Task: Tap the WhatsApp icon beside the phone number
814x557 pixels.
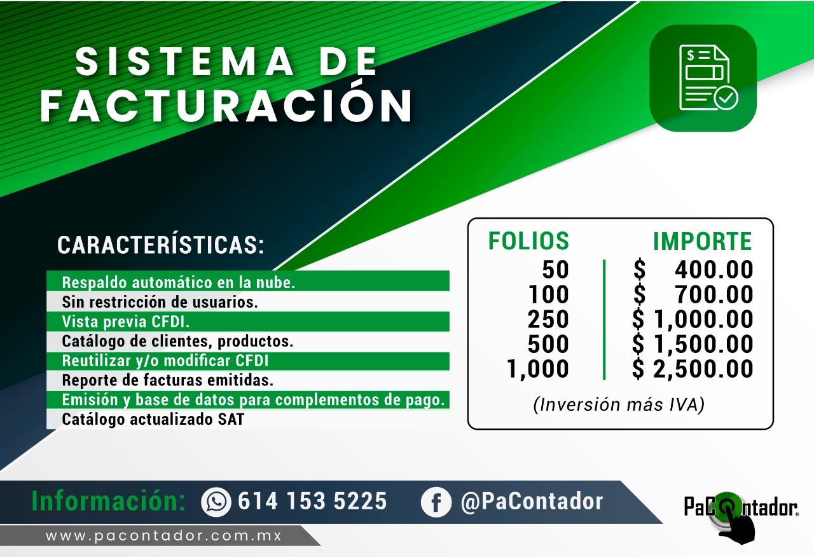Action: tap(216, 502)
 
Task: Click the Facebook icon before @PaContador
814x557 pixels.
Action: tap(436, 502)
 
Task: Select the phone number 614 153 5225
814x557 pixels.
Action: tap(312, 502)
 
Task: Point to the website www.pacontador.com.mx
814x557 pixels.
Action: tap(164, 536)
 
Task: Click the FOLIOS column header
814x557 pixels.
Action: tap(528, 240)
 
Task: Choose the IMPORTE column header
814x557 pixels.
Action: tap(702, 241)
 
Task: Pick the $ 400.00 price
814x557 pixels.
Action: tap(693, 270)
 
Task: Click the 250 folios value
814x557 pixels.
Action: tap(548, 319)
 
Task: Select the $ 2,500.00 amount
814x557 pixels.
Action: tap(693, 369)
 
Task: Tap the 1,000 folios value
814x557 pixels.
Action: tap(538, 369)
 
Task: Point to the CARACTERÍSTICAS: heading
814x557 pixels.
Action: tap(161, 245)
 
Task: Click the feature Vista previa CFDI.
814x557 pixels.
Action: tap(126, 322)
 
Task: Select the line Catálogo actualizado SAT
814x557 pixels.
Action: tap(153, 419)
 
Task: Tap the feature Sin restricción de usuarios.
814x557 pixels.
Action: tap(160, 302)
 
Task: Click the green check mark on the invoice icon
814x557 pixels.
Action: tap(726, 98)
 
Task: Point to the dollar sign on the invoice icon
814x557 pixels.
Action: tap(691, 55)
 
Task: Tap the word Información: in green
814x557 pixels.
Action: tap(109, 501)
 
